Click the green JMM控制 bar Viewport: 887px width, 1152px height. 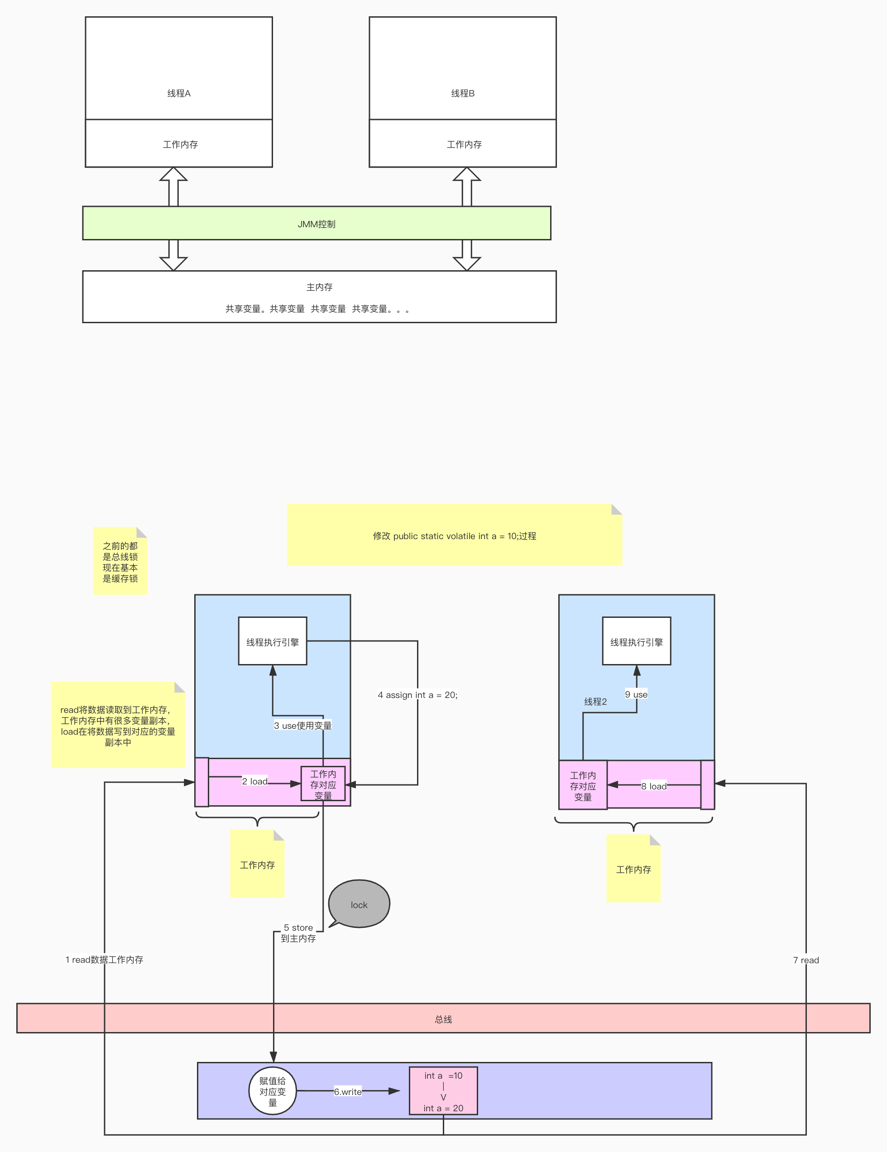coord(316,224)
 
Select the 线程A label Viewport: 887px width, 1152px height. coord(179,93)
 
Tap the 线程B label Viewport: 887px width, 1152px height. coord(463,93)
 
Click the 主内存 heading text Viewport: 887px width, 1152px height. coord(319,287)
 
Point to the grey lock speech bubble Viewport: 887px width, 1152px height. coord(359,904)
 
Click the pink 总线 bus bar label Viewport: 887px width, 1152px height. coord(443,1019)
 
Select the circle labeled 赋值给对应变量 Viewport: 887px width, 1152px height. coord(272,1091)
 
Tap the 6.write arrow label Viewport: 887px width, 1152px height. coord(348,1091)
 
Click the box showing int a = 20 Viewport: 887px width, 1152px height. coord(443,1091)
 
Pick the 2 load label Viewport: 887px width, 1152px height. coord(255,781)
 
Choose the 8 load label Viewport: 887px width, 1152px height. coord(654,786)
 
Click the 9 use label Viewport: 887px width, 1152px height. coord(636,694)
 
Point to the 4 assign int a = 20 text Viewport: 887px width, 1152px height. coord(417,695)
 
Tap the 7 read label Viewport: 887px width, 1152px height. coord(806,960)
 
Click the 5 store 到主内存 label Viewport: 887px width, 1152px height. coord(298,932)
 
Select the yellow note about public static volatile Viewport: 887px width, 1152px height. coord(454,535)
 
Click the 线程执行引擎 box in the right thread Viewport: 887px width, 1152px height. coord(636,641)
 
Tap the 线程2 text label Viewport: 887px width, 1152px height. coord(595,702)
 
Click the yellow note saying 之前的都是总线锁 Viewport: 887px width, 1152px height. coord(120,562)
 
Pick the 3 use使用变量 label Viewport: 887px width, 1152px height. coord(303,725)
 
